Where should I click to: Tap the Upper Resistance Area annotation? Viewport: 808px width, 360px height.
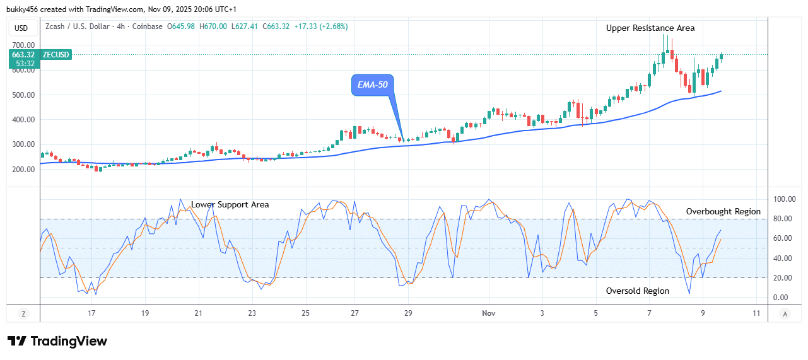tap(650, 28)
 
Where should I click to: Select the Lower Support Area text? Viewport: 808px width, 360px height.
tap(230, 204)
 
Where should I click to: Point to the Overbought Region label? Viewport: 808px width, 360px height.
tap(723, 211)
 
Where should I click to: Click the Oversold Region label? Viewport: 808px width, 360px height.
tap(638, 291)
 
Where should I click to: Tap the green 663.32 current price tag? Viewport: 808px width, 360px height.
tap(24, 55)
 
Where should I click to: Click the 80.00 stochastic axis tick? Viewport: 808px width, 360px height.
tap(783, 219)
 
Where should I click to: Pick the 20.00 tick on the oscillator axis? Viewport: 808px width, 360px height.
tap(783, 278)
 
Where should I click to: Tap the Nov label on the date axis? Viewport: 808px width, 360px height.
tap(488, 313)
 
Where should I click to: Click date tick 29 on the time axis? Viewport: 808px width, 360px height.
tap(408, 313)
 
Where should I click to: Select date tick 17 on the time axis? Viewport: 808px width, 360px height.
tap(91, 313)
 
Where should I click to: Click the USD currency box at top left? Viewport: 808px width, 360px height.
tap(21, 28)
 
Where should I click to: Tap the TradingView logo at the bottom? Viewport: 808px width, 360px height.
tap(57, 341)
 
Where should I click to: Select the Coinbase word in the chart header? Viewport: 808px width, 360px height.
tap(147, 26)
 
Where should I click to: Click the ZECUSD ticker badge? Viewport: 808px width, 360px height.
tap(56, 55)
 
